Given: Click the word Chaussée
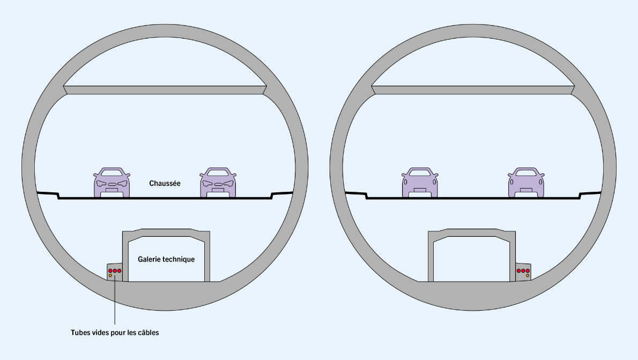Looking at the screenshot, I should (165, 183).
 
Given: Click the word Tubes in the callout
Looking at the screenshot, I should (80, 333).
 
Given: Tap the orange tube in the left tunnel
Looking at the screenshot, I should (110, 276).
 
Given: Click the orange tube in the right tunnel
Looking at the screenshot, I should (528, 276).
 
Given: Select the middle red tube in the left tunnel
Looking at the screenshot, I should (115, 271).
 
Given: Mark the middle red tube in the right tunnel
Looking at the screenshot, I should (523, 271).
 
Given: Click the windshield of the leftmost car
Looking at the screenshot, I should (112, 173).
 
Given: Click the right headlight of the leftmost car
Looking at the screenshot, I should (123, 183).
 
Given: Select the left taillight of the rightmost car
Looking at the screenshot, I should (513, 182).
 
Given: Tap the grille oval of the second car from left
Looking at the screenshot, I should (218, 184).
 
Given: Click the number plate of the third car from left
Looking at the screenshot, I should (420, 190).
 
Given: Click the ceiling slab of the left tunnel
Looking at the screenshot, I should (165, 90).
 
